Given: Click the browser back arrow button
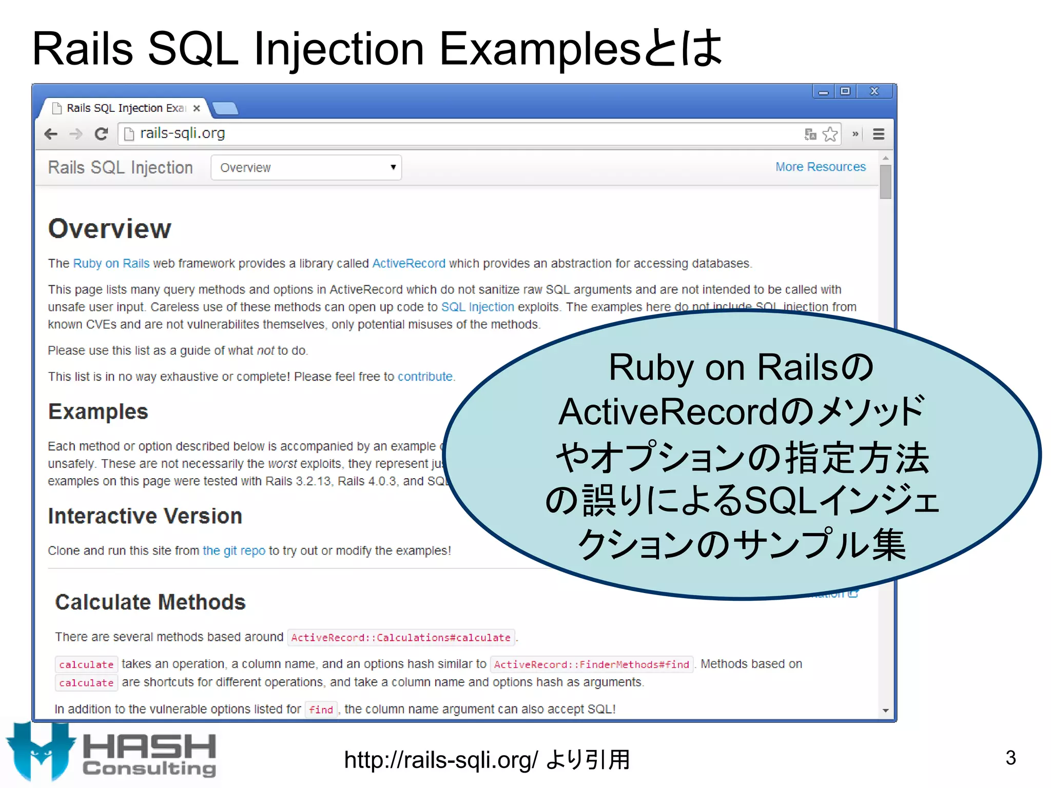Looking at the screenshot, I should (51, 134).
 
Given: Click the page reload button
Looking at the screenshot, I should (101, 134).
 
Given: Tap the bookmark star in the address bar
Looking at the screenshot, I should (830, 134).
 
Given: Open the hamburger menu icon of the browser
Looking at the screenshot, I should (879, 134).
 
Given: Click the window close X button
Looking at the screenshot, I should (874, 91).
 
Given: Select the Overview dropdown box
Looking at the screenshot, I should (306, 168).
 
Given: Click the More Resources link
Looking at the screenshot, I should (820, 167).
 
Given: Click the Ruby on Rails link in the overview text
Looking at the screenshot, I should (111, 264).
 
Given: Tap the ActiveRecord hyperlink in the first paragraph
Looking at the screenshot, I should (408, 264).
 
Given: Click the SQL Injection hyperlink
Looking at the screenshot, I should (477, 307).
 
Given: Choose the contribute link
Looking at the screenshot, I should (425, 377).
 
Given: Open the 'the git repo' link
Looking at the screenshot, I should (234, 550).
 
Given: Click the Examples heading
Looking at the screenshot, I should (98, 412).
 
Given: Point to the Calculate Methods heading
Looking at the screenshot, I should (150, 602).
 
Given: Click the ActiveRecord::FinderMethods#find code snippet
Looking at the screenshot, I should (591, 665).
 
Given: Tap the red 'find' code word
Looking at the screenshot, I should (321, 710).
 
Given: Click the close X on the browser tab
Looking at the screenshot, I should (197, 108).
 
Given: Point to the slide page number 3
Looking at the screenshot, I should (1010, 758).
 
